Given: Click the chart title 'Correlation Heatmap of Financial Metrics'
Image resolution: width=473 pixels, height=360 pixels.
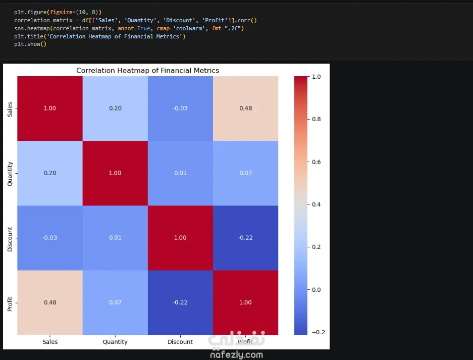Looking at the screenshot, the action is (147, 70).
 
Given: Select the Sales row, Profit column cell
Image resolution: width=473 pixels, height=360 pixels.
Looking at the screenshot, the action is (245, 109).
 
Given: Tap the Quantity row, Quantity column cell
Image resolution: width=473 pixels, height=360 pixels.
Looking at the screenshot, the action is (115, 173).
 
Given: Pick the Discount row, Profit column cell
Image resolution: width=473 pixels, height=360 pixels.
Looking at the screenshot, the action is (245, 238).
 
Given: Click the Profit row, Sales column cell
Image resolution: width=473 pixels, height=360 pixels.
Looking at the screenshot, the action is (50, 302).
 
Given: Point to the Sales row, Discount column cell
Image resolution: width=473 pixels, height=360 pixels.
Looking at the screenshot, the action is (180, 109).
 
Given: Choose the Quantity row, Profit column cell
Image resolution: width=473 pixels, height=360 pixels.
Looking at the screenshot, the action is (245, 173).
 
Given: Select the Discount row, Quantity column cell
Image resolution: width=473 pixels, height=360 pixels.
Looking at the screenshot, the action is (115, 238).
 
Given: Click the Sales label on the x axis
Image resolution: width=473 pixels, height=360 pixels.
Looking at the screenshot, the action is (50, 342).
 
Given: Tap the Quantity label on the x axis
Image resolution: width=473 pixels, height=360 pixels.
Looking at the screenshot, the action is (115, 342).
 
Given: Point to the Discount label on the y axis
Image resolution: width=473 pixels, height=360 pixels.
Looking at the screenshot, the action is (10, 239).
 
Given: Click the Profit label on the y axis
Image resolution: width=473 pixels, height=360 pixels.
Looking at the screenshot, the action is (10, 303).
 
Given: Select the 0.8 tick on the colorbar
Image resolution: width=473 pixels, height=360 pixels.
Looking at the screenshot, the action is (316, 119).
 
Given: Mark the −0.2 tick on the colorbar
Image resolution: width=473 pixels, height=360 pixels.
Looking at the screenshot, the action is (318, 332).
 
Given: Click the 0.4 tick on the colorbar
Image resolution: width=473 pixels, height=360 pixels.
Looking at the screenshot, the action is (316, 204).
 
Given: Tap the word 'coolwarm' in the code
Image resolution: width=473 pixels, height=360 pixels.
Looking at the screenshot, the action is (189, 28).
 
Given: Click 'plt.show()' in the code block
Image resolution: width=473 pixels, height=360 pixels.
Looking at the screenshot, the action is (30, 44).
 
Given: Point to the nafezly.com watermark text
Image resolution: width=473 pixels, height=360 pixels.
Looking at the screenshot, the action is (236, 355).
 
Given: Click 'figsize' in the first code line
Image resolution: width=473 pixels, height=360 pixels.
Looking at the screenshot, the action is (61, 13).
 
